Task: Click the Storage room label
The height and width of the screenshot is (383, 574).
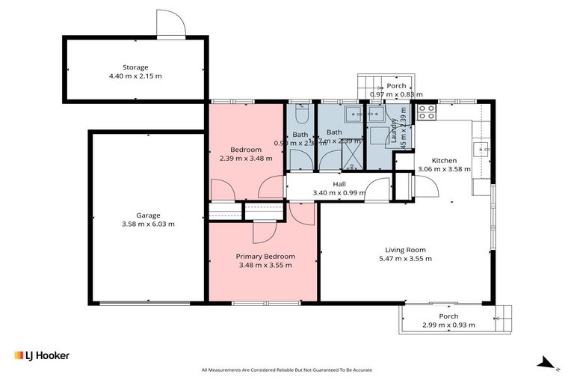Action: point(136,67)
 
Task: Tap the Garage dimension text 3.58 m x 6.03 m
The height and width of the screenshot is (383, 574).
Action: point(148,224)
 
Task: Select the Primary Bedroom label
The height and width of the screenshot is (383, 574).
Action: point(265,255)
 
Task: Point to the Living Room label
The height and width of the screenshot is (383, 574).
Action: point(405,250)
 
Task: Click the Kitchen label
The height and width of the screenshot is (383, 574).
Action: point(444,160)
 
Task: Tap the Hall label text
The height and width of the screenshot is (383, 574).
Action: point(339,184)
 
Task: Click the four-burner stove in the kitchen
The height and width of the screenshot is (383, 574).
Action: point(426,112)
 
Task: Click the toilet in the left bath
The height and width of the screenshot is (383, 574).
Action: point(300,114)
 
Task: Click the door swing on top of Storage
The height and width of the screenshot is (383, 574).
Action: point(170,23)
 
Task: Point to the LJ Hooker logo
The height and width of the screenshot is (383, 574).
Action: point(42,355)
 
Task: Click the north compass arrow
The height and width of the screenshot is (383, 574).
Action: point(547,364)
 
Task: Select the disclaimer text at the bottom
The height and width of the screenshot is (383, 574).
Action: point(287,370)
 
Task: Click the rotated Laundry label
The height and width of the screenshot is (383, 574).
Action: point(393,130)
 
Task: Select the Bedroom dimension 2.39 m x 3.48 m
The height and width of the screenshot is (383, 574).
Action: point(246,159)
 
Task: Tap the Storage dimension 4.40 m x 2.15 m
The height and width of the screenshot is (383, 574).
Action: point(136,76)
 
